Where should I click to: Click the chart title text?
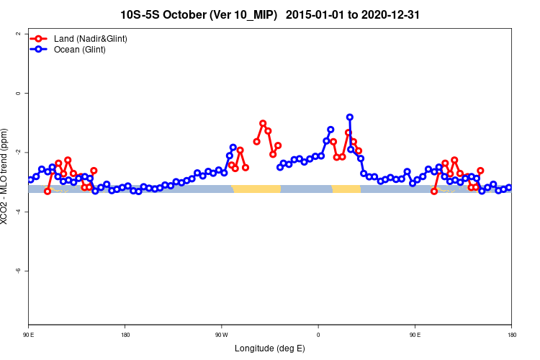pos(270,14)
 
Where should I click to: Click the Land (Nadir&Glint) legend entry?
pos(90,38)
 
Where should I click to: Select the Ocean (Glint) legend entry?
pos(79,50)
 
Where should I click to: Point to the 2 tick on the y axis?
pos(17,34)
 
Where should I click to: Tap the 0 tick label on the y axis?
pos(17,93)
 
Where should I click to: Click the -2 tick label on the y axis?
pos(17,152)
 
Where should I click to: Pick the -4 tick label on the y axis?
pos(17,212)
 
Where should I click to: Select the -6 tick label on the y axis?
pos(17,271)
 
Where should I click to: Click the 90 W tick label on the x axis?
pos(221,335)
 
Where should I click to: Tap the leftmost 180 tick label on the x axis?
pos(125,335)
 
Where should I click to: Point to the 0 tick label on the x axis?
pos(318,335)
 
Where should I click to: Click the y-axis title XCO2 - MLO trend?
pos(6,176)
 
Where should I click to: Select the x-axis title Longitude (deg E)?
pos(270,348)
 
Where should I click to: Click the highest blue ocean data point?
pos(349,117)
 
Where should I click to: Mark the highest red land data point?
pos(263,123)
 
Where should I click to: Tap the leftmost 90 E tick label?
pos(29,335)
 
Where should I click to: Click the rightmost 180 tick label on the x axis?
pos(511,335)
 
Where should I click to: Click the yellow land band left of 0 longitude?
pos(256,189)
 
